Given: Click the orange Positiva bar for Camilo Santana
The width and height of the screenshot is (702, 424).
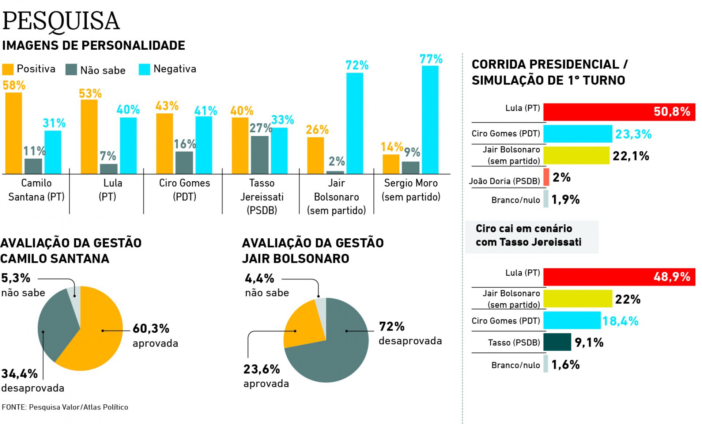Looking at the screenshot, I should click(14, 133).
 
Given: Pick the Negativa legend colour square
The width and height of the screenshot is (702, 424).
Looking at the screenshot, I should click(144, 69).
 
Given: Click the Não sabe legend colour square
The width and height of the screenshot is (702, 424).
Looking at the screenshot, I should click(71, 69).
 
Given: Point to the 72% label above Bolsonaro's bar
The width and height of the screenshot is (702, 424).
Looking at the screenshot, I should click(357, 65).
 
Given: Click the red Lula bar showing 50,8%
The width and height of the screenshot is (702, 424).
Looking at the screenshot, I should click(619, 112).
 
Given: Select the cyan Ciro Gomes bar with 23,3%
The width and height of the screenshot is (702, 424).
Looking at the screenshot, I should click(578, 134).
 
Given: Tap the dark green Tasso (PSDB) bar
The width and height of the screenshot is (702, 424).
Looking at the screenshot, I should click(557, 342).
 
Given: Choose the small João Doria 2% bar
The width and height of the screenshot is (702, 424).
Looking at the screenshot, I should click(546, 177).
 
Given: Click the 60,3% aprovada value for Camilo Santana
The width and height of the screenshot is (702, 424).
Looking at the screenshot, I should click(151, 328).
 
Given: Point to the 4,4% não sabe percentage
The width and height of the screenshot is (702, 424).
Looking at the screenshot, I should click(260, 279).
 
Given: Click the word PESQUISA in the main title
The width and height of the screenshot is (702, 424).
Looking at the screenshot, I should click(61, 21).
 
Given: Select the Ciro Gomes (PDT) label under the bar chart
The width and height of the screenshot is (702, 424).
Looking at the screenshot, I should click(184, 190).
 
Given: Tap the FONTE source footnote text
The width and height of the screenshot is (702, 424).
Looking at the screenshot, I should click(65, 407).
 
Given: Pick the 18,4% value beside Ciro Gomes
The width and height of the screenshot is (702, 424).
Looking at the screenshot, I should click(620, 321).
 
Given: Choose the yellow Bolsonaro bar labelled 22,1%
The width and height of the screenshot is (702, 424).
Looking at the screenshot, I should click(576, 155).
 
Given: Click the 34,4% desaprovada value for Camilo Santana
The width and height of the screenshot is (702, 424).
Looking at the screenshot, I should click(19, 374).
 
